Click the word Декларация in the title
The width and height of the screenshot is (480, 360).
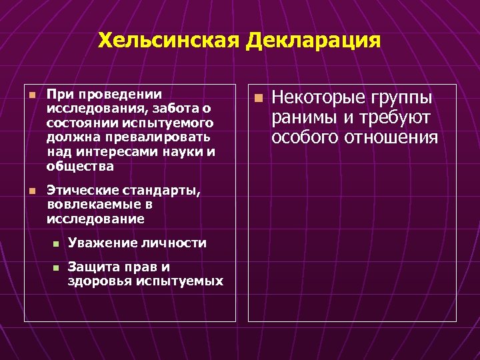point(313,41)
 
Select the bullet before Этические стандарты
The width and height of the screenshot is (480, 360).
point(31,191)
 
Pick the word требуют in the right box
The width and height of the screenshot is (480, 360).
point(393,118)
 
